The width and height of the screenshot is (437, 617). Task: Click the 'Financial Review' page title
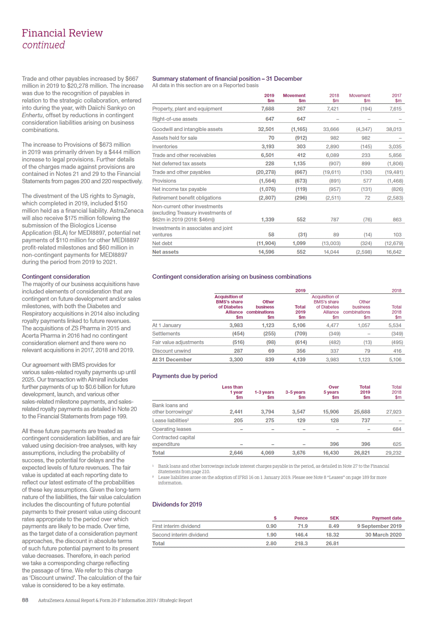point(62,33)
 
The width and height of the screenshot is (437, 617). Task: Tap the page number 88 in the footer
point(25,600)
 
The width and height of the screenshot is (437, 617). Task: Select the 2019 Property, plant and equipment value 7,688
point(268,109)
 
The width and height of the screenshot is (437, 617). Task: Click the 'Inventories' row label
point(165,147)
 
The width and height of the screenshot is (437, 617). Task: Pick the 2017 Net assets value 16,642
point(394,252)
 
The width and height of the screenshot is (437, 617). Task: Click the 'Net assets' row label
point(165,252)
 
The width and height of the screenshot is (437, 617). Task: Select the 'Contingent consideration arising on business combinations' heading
point(232,277)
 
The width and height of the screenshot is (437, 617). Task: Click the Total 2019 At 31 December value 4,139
point(299,359)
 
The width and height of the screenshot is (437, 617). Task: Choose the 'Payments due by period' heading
point(185,376)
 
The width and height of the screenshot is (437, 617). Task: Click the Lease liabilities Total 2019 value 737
point(366,420)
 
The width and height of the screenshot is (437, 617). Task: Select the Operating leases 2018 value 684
point(397,429)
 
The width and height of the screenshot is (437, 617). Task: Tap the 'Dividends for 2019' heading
point(177,504)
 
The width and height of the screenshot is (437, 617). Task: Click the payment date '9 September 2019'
point(379,526)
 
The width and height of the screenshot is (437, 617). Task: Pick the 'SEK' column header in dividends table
point(334,518)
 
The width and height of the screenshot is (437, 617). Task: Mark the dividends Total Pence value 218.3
point(301,543)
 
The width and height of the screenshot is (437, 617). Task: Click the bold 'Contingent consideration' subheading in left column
point(56,277)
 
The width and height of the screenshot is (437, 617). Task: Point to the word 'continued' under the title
point(43,45)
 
